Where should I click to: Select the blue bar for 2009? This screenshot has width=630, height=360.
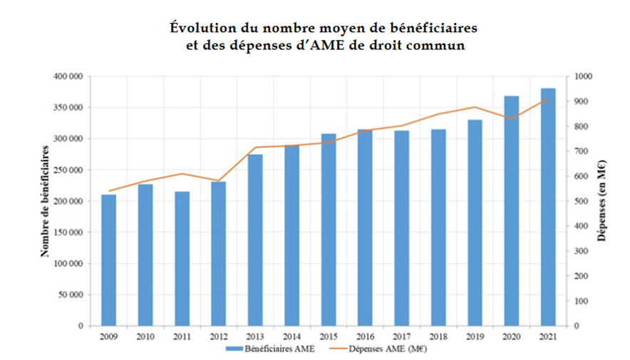[108, 260]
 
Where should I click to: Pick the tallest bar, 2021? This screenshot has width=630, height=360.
[548, 207]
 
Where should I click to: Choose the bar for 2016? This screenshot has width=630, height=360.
[365, 227]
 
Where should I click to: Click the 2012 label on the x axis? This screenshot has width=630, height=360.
[218, 336]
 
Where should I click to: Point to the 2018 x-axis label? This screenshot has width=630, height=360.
[438, 336]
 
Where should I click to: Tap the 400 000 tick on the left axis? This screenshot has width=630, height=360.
[68, 76]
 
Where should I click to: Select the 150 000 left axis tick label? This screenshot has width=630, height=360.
[68, 232]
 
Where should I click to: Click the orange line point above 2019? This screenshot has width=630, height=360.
[475, 107]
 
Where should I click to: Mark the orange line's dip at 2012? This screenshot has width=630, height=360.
[218, 180]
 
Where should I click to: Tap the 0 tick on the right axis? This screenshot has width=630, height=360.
[576, 326]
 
